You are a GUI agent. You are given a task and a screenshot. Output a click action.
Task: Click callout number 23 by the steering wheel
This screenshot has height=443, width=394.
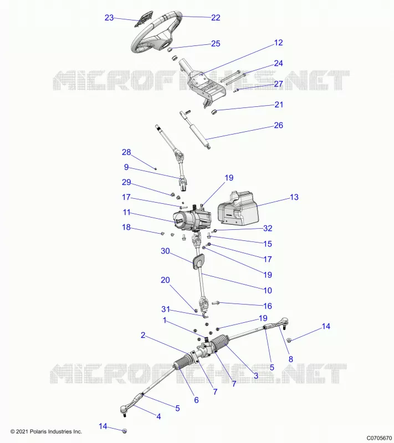tap(109, 18)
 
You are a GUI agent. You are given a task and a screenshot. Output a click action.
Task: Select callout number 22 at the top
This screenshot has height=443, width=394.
tap(216, 18)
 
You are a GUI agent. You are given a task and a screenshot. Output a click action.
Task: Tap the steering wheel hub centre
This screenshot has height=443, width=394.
tap(164, 45)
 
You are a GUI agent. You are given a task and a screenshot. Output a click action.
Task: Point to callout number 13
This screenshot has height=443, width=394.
tap(294, 197)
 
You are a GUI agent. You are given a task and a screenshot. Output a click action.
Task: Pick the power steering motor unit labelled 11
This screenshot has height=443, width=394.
tap(192, 218)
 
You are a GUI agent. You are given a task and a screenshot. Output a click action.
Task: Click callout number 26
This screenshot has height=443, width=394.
tap(278, 125)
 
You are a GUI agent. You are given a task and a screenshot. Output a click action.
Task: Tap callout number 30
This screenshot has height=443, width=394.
tap(165, 251)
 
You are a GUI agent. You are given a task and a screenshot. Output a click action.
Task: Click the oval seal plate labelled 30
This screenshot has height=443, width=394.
tap(198, 261)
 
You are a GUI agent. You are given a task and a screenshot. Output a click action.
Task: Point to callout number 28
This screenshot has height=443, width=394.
tap(126, 152)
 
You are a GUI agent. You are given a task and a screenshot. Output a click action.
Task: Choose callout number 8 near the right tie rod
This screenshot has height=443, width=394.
tap(290, 359)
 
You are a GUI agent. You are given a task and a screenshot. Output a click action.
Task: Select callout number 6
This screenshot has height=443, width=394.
tap(196, 400)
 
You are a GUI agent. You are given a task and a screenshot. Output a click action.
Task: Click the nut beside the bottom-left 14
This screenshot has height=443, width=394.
tap(124, 431)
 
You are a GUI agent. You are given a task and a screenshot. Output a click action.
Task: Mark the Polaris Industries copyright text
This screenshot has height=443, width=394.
tap(46, 431)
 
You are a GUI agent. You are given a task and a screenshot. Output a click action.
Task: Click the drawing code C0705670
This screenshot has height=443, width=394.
tap(378, 438)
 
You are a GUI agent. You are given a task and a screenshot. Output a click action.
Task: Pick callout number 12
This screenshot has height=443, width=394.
tap(278, 43)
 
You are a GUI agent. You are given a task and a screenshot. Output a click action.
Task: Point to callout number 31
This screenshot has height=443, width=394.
tap(165, 309)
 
